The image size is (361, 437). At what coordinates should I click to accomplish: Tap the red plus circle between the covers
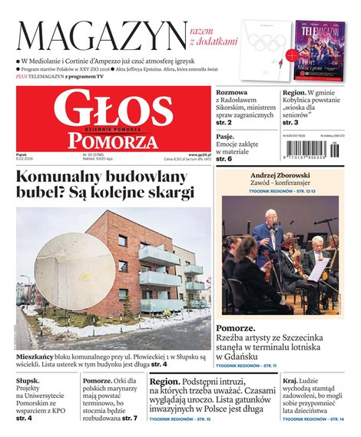point(291,55)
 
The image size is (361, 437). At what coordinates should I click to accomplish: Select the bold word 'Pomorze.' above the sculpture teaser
point(235,327)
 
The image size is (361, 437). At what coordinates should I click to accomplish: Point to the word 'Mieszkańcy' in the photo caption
point(37,358)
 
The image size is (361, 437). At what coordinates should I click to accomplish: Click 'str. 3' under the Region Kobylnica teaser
point(290,122)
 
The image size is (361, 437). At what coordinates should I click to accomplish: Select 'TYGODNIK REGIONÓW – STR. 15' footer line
point(180,419)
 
